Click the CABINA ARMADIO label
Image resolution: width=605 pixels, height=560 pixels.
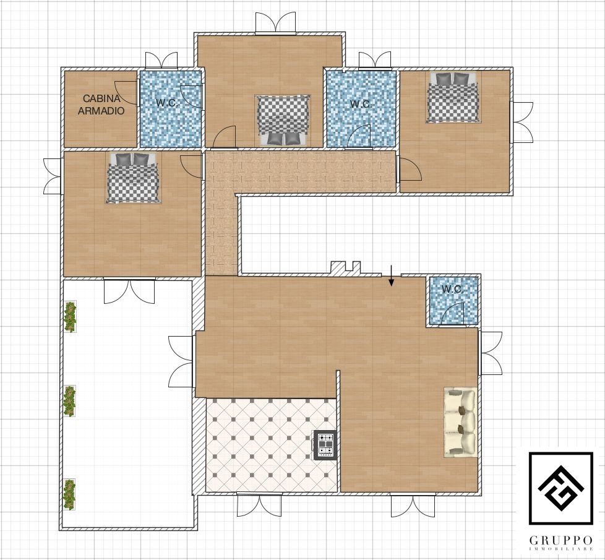coord(101,105)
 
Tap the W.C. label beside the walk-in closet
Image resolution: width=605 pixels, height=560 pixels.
coord(167,103)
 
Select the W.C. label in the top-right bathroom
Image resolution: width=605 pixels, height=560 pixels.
coord(361,104)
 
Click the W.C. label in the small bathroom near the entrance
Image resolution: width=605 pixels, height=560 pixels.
coord(453,289)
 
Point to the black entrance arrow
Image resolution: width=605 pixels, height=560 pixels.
coord(391,276)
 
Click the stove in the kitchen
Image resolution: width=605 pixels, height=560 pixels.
coord(325,445)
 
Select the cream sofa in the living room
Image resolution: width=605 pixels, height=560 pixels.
coord(460,423)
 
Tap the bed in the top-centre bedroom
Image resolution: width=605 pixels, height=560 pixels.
coord(283,120)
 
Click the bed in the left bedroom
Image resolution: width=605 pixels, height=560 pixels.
coord(133,178)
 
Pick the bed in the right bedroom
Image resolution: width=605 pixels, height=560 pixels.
coord(454,97)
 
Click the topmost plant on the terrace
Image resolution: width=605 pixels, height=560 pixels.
coord(70,316)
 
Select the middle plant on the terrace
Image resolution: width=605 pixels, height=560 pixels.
coord(70,400)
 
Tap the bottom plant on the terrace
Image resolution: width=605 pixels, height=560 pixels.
coord(69,495)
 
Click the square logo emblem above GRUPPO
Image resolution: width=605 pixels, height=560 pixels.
coord(560,488)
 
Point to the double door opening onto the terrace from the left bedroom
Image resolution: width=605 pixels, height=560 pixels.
coord(130,290)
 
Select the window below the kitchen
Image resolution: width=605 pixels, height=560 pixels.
coord(259,504)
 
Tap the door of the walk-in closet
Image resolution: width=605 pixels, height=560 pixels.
coord(126,93)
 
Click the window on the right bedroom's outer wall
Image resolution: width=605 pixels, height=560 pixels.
coord(521,123)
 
